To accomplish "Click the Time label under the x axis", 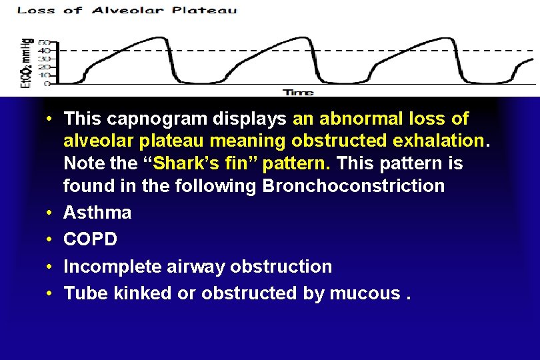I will pyautogui.click(x=298, y=92).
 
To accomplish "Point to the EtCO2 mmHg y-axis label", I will pyautogui.click(x=26, y=63).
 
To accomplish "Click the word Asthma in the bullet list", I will pyautogui.click(x=97, y=213).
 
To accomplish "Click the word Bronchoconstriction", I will pyautogui.click(x=353, y=185).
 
